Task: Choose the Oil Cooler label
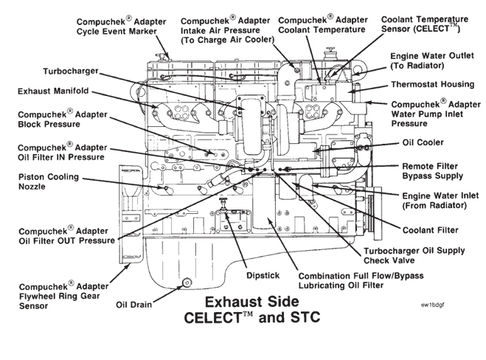pyautogui.click(x=424, y=142)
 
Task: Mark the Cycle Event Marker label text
pyautogui.click(x=119, y=32)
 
